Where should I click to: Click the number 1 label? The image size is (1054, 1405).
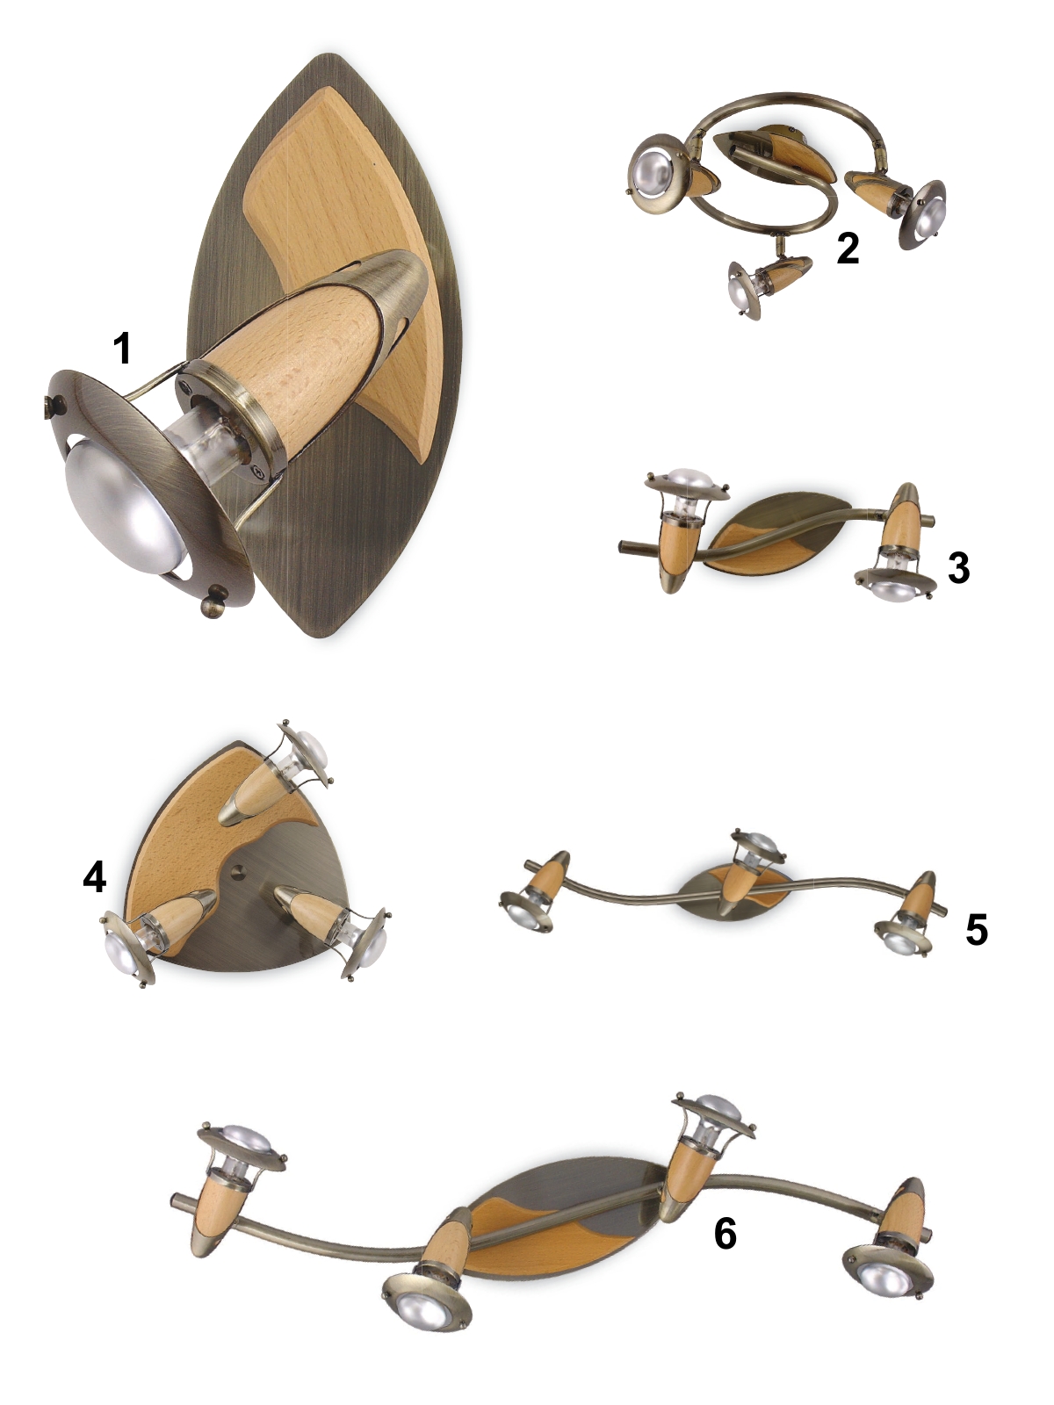121,349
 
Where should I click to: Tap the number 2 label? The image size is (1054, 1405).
848,249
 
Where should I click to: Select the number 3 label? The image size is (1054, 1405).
958,568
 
